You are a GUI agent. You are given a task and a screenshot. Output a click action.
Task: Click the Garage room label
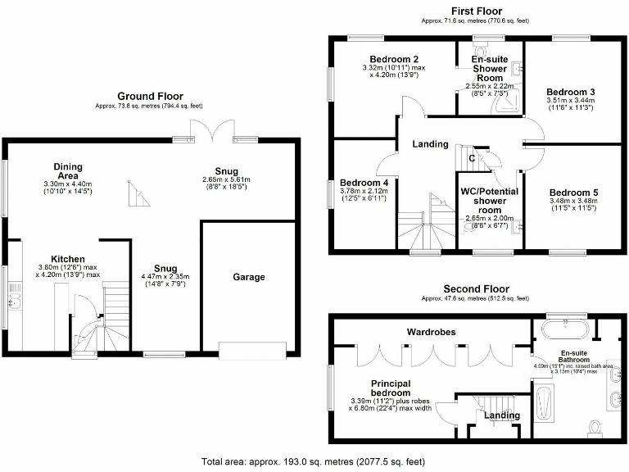pos(248,277)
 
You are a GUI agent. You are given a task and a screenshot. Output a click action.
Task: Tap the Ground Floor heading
pos(150,96)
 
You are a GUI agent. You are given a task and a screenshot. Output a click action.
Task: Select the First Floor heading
pos(476,11)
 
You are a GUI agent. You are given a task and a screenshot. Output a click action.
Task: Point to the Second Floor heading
pos(476,289)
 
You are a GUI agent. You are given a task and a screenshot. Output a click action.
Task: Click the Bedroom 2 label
pos(394,60)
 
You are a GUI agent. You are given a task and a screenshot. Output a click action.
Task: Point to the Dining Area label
pos(68,171)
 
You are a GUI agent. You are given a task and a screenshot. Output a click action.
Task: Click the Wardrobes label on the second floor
pos(432,333)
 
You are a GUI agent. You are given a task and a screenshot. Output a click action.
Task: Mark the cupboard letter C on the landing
pos(471,158)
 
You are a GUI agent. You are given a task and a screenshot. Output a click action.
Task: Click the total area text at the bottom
pos(313,462)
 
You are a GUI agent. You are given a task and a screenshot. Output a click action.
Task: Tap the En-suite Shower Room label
pos(490,68)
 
